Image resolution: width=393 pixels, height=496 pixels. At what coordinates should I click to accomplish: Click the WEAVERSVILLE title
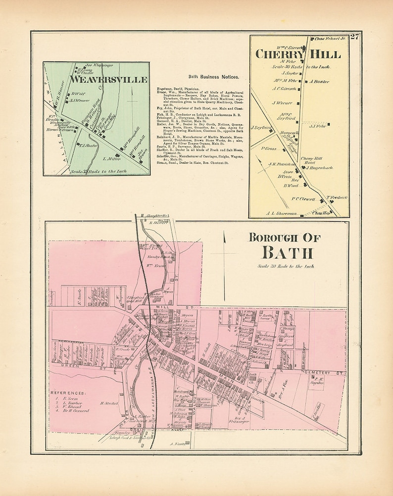pos(109,79)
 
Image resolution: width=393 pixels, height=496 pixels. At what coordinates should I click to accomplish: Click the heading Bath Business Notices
pos(214,77)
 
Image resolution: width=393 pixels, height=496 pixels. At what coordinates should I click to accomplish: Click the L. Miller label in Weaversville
pos(111,159)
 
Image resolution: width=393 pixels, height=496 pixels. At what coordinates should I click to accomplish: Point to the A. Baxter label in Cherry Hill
pos(320,82)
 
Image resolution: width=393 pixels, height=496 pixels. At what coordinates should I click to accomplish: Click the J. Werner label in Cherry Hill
pos(281,103)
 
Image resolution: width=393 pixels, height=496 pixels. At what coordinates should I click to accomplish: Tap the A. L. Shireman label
pos(281,213)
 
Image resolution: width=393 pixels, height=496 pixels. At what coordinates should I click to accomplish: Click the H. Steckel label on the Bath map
pos(109,403)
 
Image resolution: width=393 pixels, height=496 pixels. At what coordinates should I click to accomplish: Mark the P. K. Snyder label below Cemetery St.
pos(317,383)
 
